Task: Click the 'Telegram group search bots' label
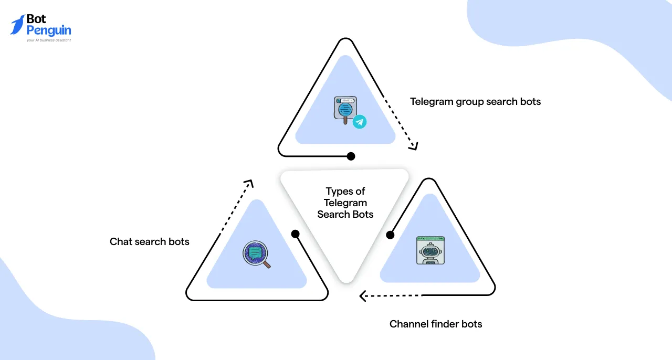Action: pos(475,102)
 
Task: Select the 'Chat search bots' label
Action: pos(149,242)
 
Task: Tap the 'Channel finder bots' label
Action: pos(435,324)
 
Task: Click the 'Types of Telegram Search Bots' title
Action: pos(345,203)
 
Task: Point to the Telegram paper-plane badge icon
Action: pos(360,122)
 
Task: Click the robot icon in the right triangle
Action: pos(430,250)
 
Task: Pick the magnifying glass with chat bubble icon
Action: pos(256,255)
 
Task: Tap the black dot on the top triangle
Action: pos(351,156)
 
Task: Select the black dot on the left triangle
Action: pos(295,234)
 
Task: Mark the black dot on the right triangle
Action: pos(390,235)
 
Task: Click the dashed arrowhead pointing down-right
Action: pos(414,146)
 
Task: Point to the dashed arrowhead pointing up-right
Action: pos(249,184)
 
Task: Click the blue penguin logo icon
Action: pos(18,25)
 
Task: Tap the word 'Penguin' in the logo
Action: pos(49,31)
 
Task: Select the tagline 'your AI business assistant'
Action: pos(49,40)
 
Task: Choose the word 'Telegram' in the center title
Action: pos(345,203)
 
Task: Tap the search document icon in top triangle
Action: pos(345,109)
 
